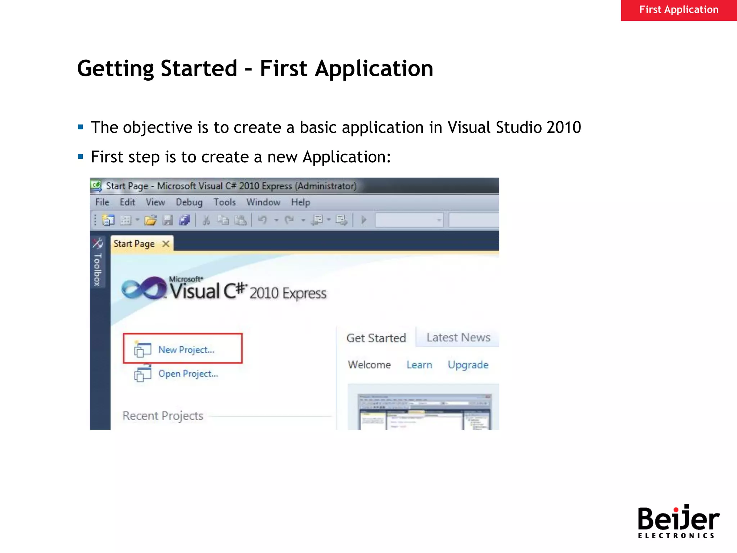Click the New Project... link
point(186,350)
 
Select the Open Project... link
point(188,374)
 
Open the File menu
point(102,202)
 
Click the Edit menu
point(127,202)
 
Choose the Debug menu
point(189,202)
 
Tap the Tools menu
point(225,202)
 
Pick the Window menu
point(263,202)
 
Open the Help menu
point(300,202)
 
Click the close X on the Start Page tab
point(166,244)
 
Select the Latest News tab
point(458,338)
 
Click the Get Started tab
point(376,338)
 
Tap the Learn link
point(419,365)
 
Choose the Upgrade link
point(468,365)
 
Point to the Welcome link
point(369,365)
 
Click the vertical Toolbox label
point(98,269)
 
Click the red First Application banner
point(679,10)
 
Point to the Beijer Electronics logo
point(678,521)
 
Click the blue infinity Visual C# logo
point(144,288)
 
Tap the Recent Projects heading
point(163,416)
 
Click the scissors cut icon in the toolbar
point(206,220)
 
